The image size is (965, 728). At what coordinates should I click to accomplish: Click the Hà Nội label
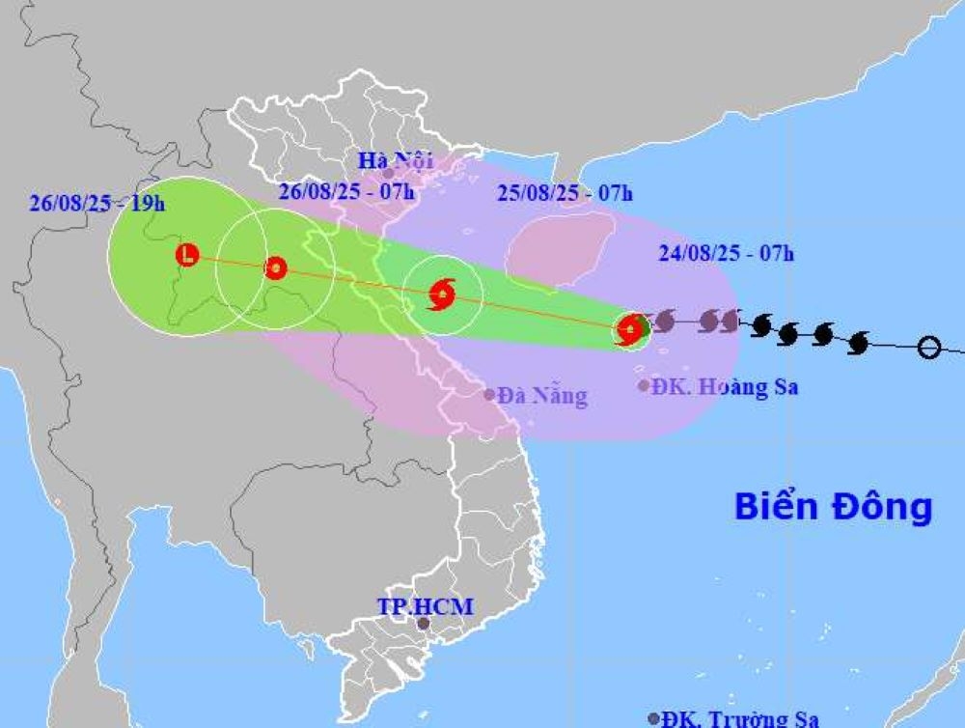tap(395, 160)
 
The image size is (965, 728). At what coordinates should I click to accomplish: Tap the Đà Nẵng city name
tap(542, 395)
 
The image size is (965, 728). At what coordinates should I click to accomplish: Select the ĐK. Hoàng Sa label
tap(725, 387)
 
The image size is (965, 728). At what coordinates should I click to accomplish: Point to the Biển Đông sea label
tap(833, 506)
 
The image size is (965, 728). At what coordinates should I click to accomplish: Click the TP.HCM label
tap(425, 606)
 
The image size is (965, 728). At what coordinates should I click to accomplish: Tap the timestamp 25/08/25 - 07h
tap(565, 193)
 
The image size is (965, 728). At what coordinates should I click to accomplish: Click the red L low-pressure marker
tap(187, 255)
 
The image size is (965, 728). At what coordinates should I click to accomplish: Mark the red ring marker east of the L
tap(276, 267)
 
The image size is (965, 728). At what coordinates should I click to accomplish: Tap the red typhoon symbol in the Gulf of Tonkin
tap(441, 294)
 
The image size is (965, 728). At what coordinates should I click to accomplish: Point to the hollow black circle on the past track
tap(928, 347)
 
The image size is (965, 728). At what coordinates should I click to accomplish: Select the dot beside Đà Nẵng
tap(489, 394)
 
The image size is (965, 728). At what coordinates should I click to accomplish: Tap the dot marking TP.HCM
tap(422, 624)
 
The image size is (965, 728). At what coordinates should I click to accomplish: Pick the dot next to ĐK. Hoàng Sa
tap(644, 386)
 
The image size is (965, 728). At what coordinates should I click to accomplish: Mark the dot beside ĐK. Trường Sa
tap(654, 718)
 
